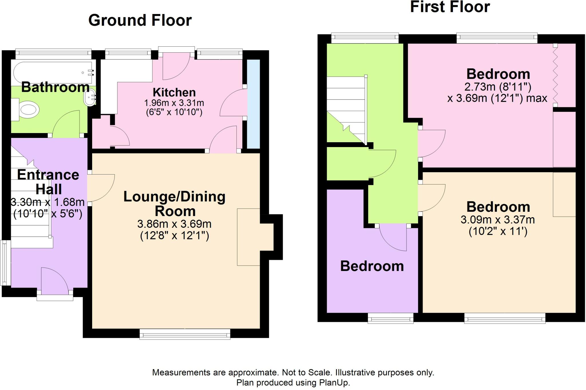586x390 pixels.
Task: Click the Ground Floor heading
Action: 140,21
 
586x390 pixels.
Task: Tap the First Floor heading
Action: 450,7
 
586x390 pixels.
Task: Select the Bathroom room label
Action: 56,87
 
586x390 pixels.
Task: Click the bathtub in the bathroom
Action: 53,73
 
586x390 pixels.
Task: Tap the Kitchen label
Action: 174,92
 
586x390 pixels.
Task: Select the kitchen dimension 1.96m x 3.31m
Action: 174,103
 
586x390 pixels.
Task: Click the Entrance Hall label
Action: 48,182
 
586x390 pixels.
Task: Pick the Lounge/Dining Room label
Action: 175,203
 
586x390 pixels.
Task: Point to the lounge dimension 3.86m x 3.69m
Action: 175,224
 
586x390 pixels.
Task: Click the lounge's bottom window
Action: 185,334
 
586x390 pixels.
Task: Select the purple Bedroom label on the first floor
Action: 372,266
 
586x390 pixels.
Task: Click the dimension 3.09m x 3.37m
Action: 498,220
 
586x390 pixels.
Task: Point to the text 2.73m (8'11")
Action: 498,86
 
